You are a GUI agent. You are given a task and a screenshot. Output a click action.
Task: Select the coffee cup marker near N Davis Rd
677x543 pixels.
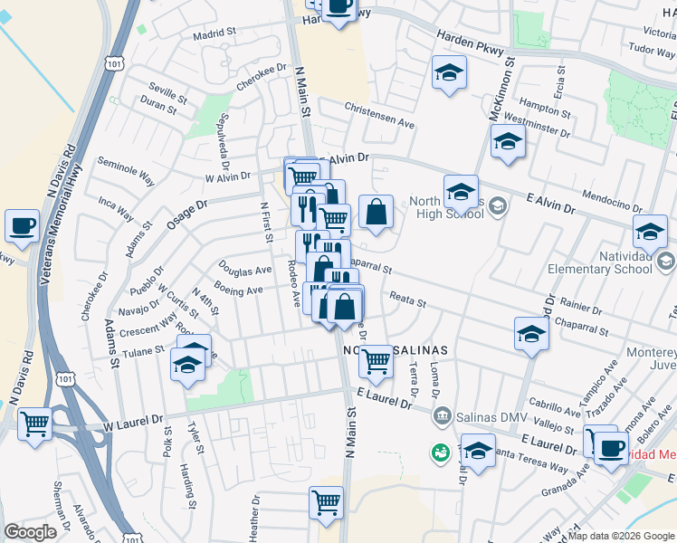click(22, 227)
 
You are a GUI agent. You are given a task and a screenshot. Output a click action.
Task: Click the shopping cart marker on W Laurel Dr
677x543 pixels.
click(35, 424)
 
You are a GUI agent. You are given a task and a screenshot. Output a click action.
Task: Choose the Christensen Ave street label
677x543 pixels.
click(379, 113)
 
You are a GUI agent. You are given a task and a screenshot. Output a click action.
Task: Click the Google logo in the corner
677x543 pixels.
click(30, 532)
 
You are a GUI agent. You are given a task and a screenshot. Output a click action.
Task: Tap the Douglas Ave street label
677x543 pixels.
click(244, 269)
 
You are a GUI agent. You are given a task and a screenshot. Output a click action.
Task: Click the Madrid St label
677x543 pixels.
click(214, 36)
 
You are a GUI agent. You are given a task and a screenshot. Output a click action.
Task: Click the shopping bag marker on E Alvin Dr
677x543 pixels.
click(376, 214)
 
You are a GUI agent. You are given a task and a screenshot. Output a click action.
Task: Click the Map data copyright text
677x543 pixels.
click(622, 536)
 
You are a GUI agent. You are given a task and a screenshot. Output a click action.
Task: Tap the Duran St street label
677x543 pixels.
click(159, 107)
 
